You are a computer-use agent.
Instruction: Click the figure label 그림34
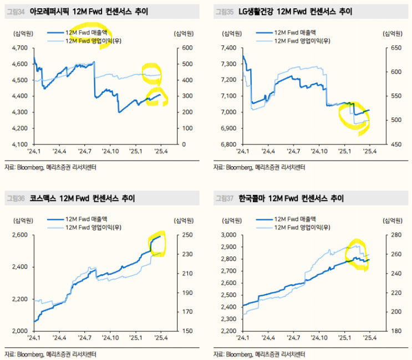pos(15,11)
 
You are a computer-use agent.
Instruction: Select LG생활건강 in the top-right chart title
pos(255,11)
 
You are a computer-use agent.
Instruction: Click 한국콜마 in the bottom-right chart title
pos(252,198)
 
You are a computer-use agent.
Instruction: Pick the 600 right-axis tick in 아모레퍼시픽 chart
pos(184,48)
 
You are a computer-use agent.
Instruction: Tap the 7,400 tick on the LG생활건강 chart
pos(228,48)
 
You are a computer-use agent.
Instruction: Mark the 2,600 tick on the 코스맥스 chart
pos(19,235)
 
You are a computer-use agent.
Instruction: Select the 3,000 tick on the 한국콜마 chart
pos(228,235)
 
